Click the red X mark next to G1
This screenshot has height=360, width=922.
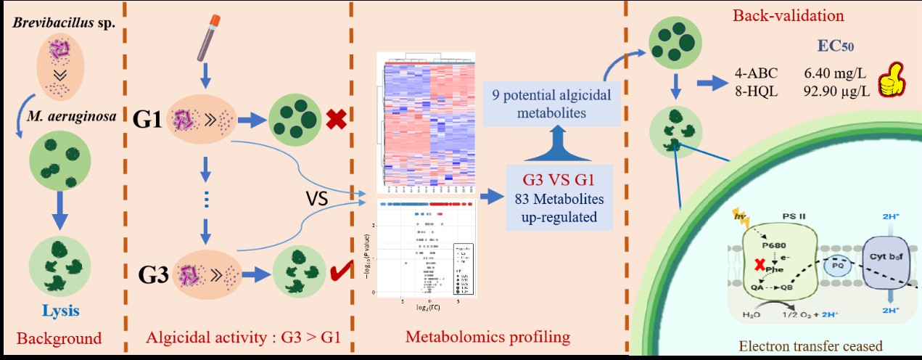tap(336, 119)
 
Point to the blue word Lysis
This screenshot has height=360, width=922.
tap(59, 311)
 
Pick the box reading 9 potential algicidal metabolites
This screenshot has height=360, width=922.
tap(558, 105)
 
